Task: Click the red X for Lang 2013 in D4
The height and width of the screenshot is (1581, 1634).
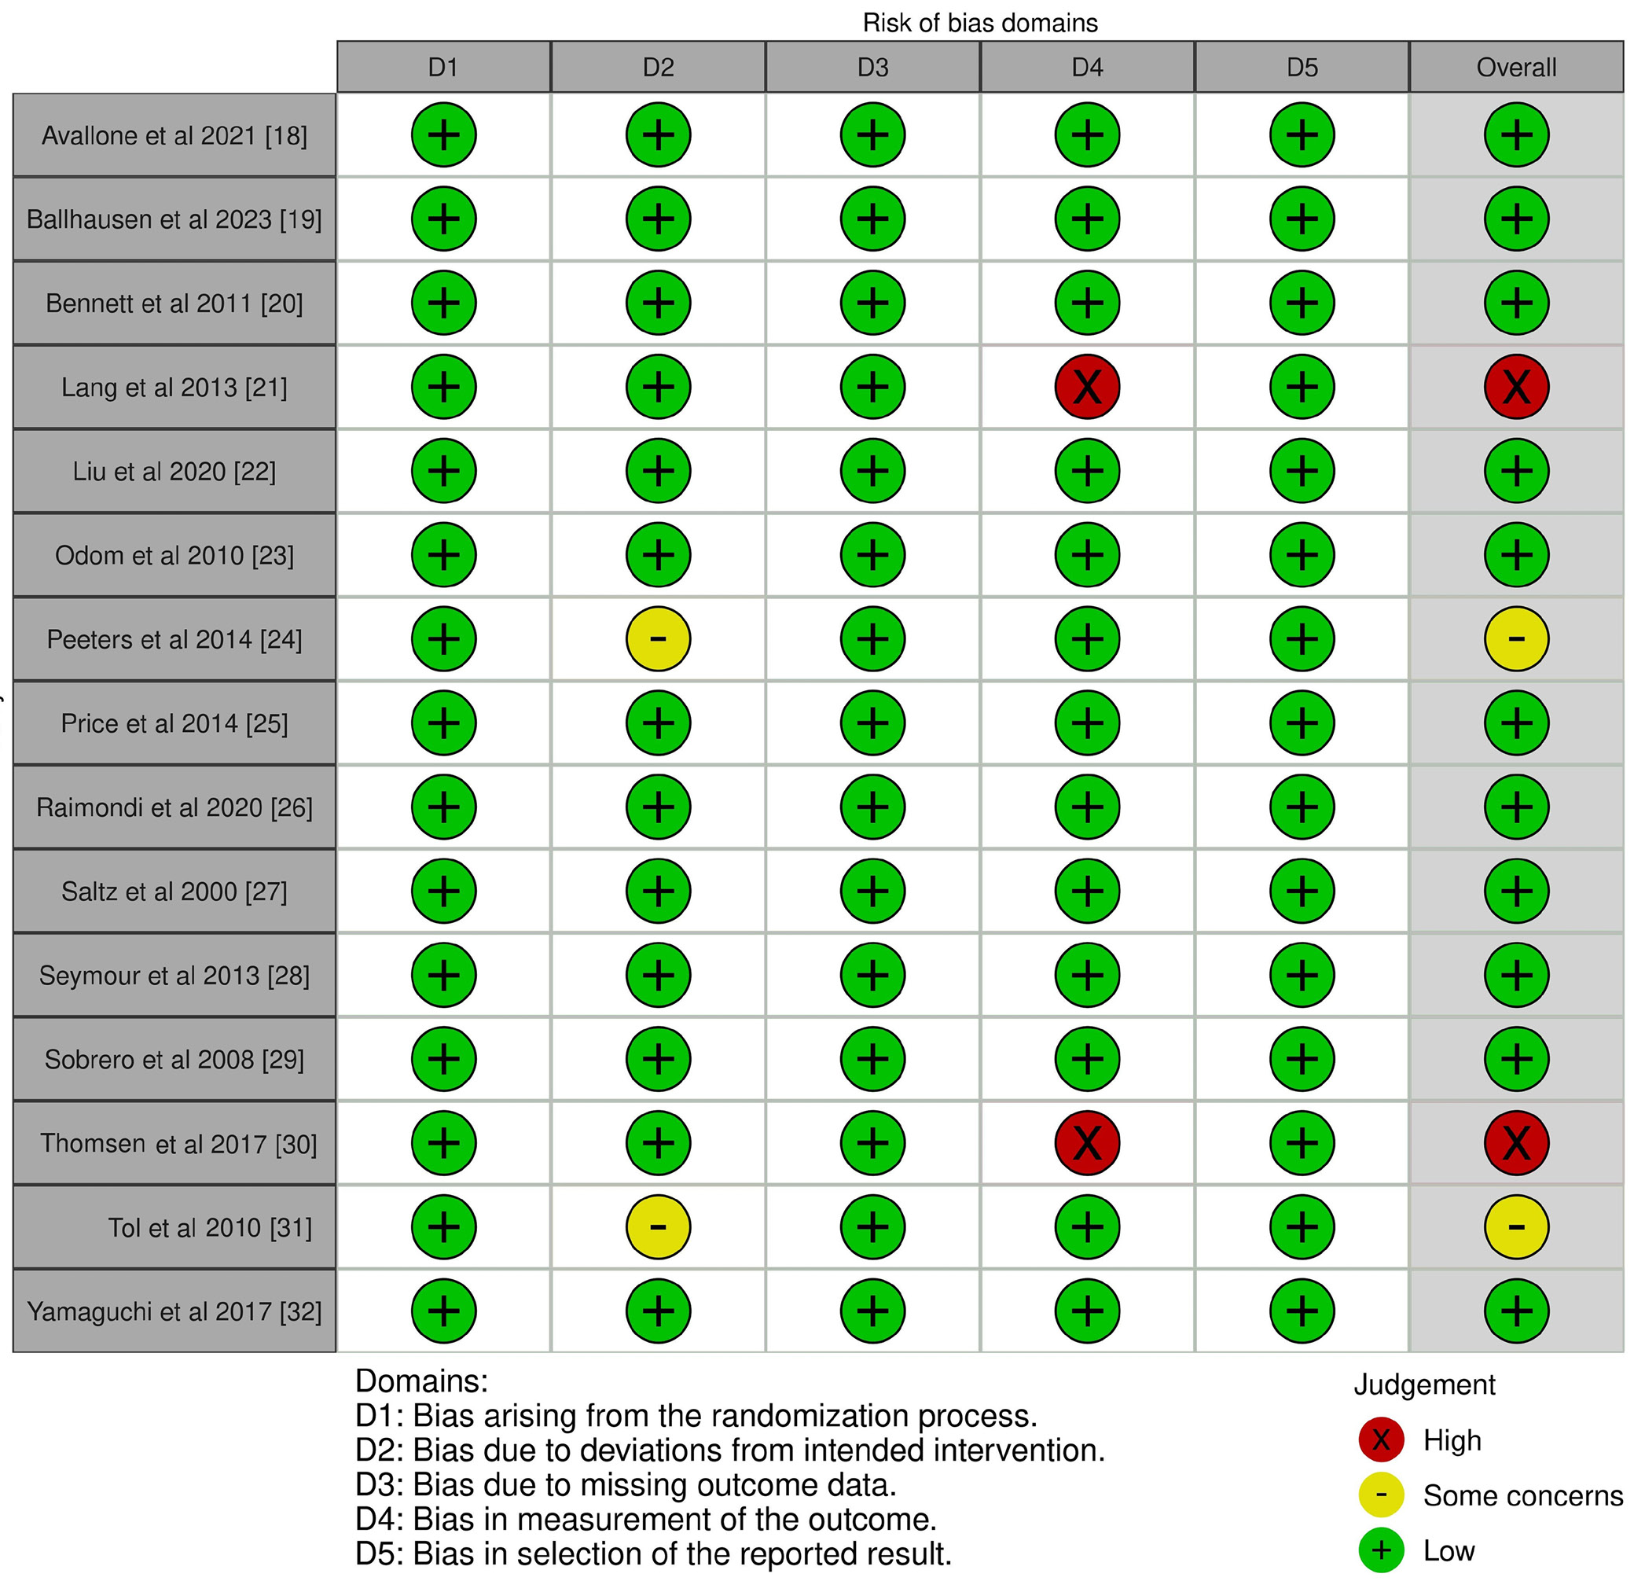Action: pyautogui.click(x=1087, y=387)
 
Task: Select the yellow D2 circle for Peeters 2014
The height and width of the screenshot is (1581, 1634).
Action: pyautogui.click(x=658, y=638)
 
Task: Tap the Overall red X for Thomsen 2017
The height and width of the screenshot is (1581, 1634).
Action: pyautogui.click(x=1516, y=1142)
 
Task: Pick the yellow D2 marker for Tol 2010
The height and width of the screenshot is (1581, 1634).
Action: pyautogui.click(x=658, y=1226)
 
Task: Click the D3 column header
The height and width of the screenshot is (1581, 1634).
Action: pyautogui.click(x=873, y=68)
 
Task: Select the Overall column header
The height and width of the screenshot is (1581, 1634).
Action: pyautogui.click(x=1516, y=68)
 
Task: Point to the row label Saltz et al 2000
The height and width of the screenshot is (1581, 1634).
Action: pyautogui.click(x=174, y=892)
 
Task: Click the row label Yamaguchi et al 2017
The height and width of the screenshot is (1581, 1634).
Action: pyautogui.click(x=174, y=1311)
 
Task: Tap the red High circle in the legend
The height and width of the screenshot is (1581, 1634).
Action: pyautogui.click(x=1382, y=1439)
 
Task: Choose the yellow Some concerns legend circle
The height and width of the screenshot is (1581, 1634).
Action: pyautogui.click(x=1382, y=1495)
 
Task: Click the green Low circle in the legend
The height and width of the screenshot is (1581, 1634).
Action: pyautogui.click(x=1382, y=1550)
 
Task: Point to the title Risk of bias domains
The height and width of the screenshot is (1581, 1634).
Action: pyautogui.click(x=979, y=23)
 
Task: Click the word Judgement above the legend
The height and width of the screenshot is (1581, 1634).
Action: pyautogui.click(x=1424, y=1384)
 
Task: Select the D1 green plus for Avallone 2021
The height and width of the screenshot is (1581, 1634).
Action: pyautogui.click(x=443, y=135)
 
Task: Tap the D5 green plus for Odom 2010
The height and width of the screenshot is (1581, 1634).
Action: pyautogui.click(x=1302, y=554)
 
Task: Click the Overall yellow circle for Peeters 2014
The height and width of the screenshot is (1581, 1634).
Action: pyautogui.click(x=1516, y=638)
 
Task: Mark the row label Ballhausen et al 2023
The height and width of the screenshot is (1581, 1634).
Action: pyautogui.click(x=174, y=219)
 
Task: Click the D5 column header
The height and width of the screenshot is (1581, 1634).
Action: pyautogui.click(x=1302, y=68)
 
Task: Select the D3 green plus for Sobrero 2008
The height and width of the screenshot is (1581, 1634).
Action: pyautogui.click(x=873, y=1059)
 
